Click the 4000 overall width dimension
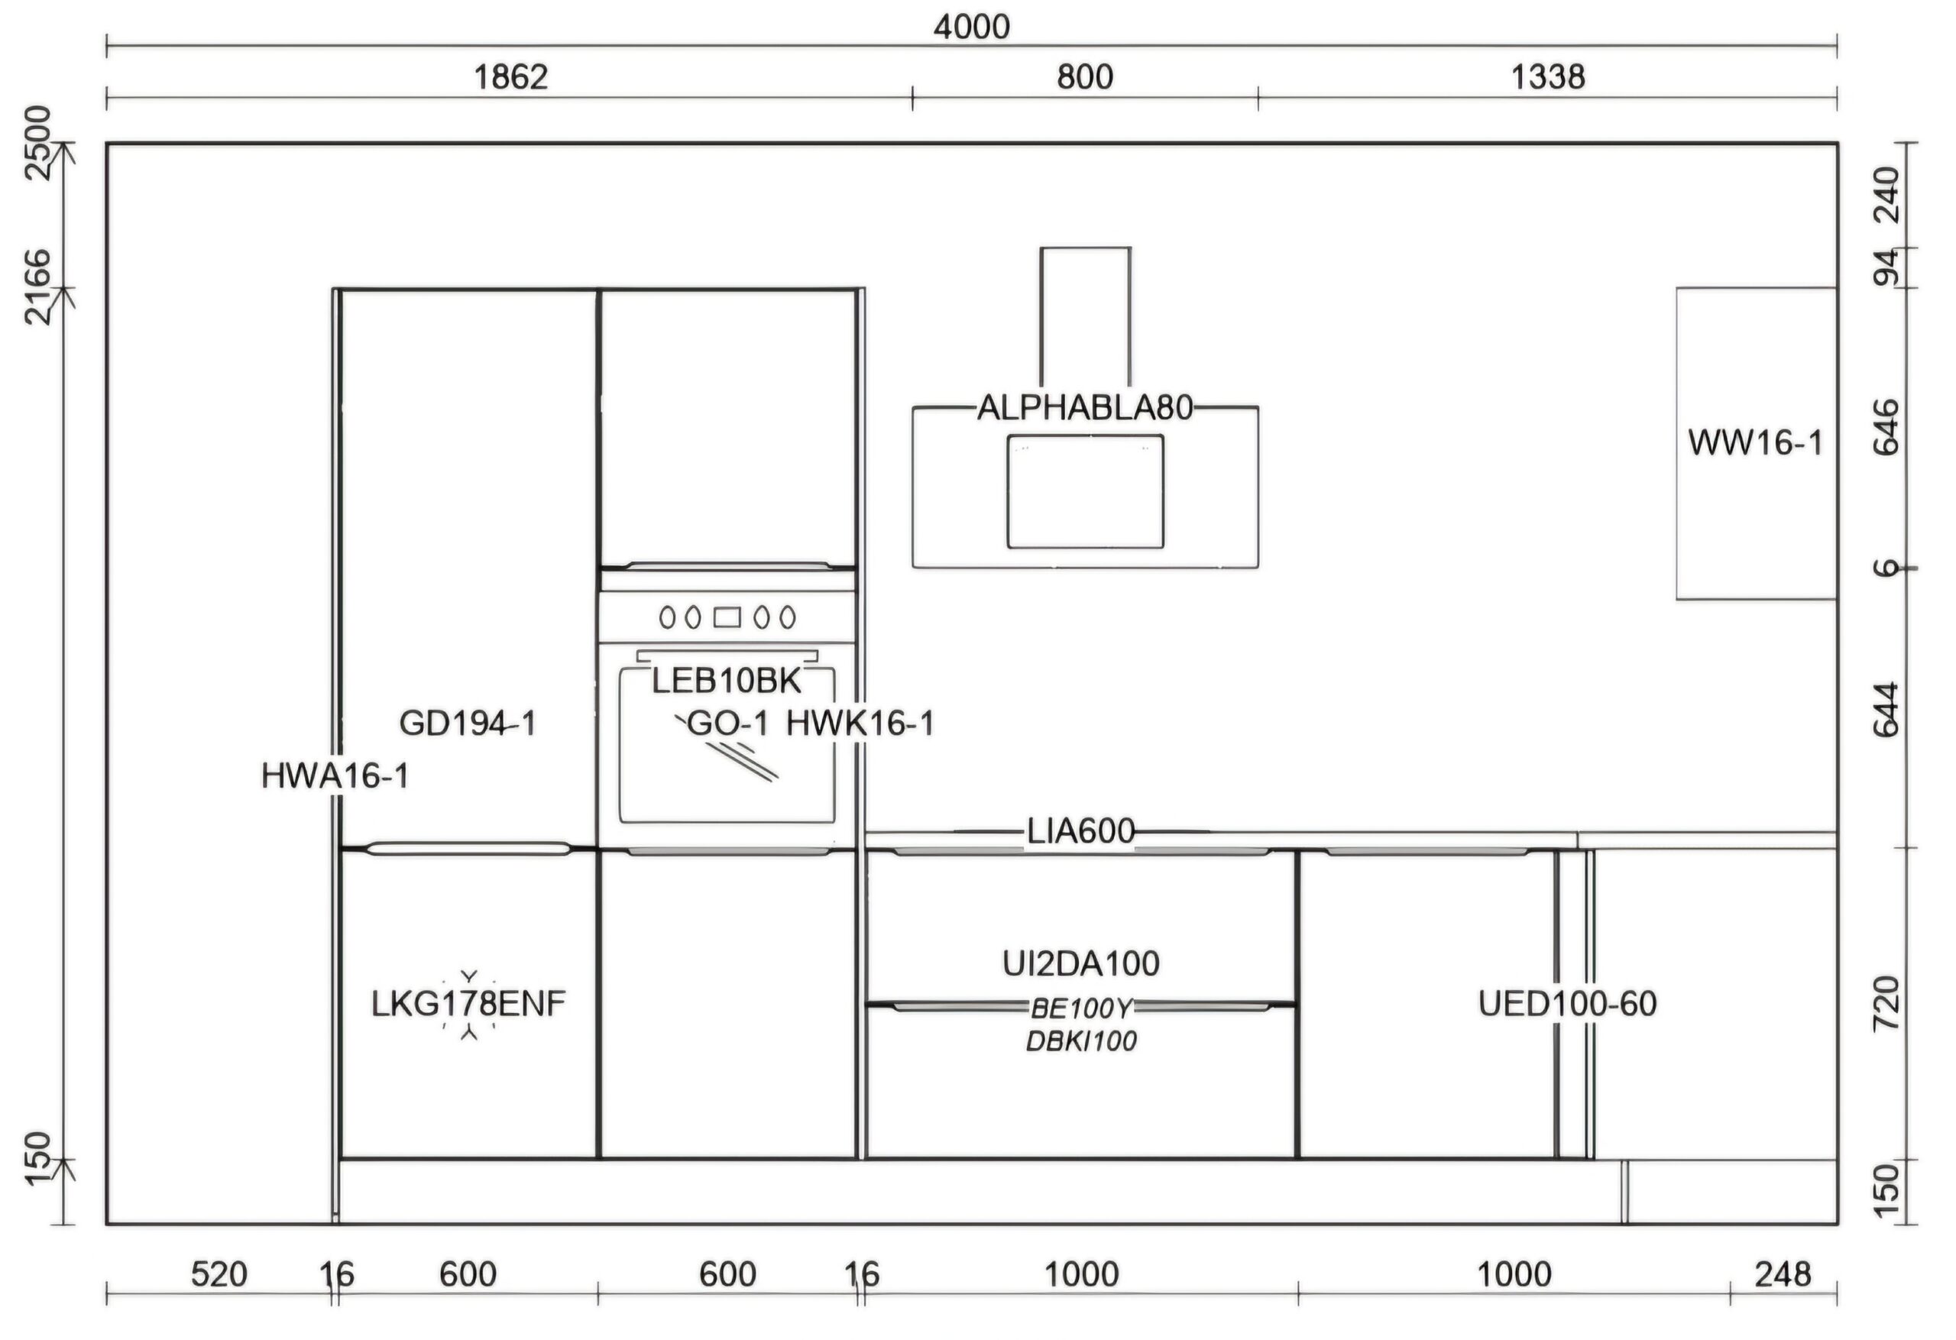point(971,27)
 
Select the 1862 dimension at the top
point(511,77)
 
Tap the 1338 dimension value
point(1548,77)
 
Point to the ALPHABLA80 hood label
point(1085,408)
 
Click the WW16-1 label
point(1756,443)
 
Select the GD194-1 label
point(467,723)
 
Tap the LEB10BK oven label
point(727,681)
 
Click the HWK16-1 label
point(860,723)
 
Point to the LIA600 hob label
point(1080,832)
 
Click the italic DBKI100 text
point(1081,1041)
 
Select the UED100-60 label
point(1567,1003)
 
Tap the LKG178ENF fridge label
point(469,1003)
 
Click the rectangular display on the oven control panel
point(727,618)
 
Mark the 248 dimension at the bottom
point(1783,1275)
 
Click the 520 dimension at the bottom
point(219,1275)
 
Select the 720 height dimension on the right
point(1887,1003)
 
